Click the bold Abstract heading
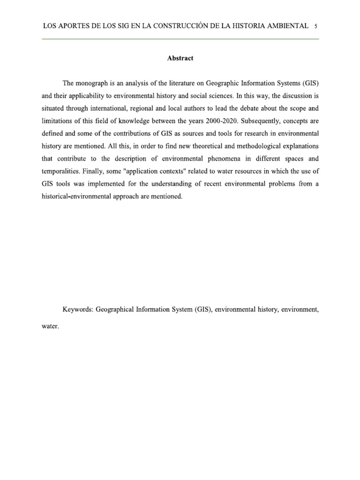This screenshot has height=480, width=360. (180, 59)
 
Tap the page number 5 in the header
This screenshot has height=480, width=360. (316, 26)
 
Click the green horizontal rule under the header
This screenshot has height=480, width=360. (180, 39)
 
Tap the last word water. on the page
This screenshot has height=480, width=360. (50, 327)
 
